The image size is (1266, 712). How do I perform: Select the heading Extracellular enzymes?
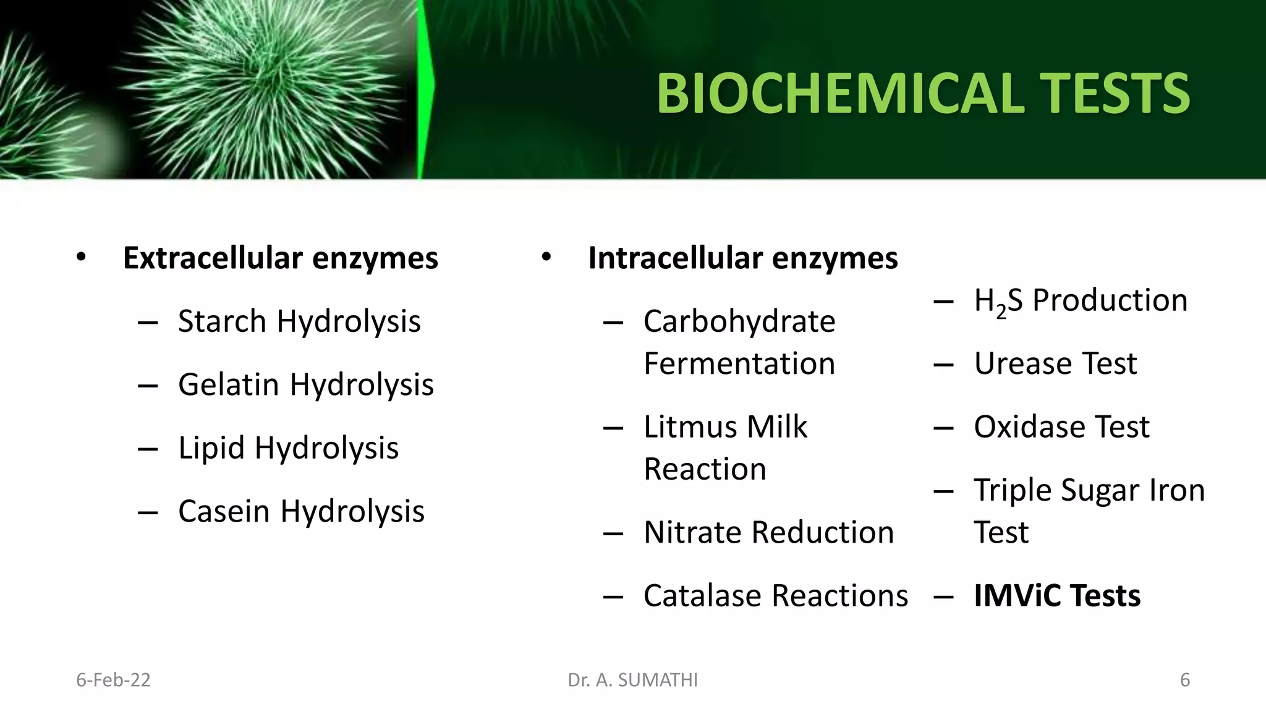[x=281, y=258]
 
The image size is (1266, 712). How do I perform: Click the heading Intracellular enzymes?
[x=742, y=258]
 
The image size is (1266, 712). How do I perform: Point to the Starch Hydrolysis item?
[x=299, y=321]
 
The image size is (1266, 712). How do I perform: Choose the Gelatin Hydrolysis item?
[x=306, y=384]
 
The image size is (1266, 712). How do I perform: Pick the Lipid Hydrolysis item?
[x=288, y=447]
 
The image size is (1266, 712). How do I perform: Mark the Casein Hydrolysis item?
[x=301, y=511]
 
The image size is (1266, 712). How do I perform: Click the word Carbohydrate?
[x=739, y=321]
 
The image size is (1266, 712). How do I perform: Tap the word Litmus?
[x=690, y=426]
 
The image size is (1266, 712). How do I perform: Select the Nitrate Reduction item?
[x=768, y=532]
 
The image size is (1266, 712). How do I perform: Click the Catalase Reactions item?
[x=775, y=596]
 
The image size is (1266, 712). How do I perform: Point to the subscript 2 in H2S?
[x=1001, y=313]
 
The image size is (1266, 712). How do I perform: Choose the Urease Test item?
[x=1055, y=363]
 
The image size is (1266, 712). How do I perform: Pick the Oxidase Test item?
[x=1061, y=426]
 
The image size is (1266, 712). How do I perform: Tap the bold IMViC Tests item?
[x=1057, y=596]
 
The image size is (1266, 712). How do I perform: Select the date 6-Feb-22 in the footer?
[x=113, y=680]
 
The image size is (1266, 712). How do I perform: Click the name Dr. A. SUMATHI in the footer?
[x=632, y=680]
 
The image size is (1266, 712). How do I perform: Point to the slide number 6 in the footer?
[x=1184, y=680]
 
